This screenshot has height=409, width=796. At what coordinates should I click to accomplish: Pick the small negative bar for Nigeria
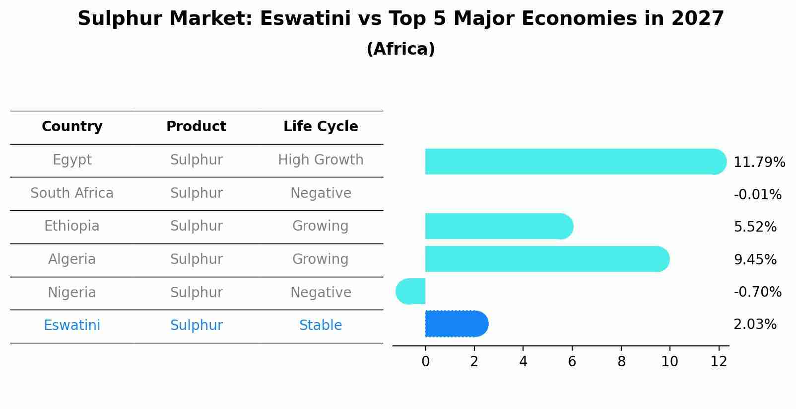(x=411, y=291)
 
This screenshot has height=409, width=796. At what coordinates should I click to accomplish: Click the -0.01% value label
(x=757, y=194)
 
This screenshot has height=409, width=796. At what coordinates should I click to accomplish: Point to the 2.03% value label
(x=755, y=325)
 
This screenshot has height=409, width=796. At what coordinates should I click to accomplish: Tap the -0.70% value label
(x=757, y=292)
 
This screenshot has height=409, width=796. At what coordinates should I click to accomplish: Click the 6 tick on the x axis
(x=572, y=361)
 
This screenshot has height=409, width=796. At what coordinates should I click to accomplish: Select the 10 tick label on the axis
(x=669, y=361)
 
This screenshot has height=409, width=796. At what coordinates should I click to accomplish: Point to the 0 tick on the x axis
(x=425, y=361)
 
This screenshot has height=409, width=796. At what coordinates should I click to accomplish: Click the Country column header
(x=72, y=127)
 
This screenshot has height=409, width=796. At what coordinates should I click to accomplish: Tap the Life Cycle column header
(x=321, y=127)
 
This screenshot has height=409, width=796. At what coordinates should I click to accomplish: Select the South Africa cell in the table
(x=72, y=193)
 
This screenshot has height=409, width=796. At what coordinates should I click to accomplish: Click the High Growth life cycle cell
(x=321, y=160)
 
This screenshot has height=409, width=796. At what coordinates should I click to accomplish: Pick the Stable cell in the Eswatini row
(x=321, y=326)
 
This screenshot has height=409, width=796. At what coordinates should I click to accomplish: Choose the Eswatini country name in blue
(x=72, y=326)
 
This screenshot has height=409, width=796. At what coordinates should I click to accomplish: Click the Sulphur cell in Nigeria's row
(x=196, y=292)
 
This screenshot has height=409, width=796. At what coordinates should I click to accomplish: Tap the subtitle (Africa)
(x=400, y=49)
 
